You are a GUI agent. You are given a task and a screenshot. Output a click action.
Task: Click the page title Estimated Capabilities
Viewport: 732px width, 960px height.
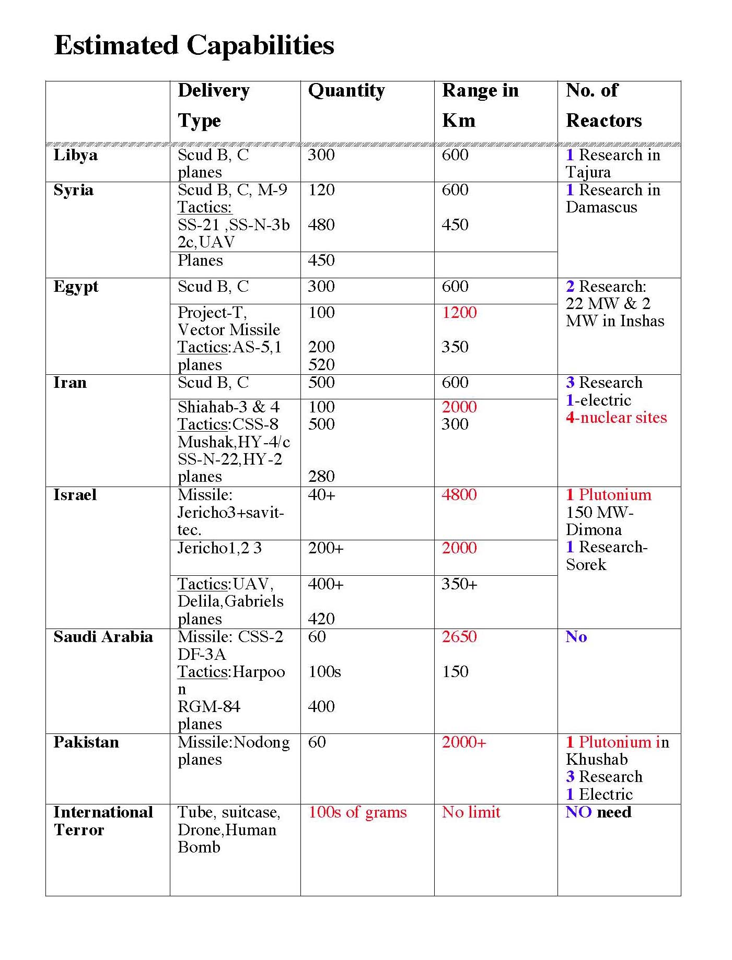(194, 45)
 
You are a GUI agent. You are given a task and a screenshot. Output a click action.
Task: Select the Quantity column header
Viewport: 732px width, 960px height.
(346, 91)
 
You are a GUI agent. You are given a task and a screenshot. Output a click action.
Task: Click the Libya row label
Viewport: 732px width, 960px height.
(75, 155)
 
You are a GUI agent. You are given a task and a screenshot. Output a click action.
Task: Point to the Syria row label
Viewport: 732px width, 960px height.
(73, 190)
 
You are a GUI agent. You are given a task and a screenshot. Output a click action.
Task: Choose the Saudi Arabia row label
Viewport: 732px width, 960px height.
(103, 637)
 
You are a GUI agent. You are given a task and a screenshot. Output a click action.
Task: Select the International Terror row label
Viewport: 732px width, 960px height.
(103, 821)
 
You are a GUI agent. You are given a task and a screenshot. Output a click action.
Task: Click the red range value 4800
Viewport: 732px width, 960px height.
(459, 495)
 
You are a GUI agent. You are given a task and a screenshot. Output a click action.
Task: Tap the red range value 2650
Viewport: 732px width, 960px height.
(459, 637)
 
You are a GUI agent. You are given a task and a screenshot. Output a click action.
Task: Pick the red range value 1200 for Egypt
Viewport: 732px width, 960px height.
(459, 313)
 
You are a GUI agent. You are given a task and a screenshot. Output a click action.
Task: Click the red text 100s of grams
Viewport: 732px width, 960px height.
(357, 812)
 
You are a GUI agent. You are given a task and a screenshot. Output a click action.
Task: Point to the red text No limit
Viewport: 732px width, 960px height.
(471, 812)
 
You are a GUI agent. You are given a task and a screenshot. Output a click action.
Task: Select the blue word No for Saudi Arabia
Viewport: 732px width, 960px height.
(576, 637)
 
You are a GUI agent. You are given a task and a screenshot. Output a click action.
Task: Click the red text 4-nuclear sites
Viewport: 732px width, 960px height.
(616, 418)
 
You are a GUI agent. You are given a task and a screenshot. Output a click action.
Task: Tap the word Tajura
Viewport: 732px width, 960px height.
(588, 172)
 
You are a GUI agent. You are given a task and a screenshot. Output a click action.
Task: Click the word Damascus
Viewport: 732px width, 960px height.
(601, 207)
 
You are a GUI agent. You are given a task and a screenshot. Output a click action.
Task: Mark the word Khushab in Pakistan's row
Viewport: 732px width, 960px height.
(596, 760)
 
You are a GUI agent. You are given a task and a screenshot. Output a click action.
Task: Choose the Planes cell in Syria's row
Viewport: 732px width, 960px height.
(200, 260)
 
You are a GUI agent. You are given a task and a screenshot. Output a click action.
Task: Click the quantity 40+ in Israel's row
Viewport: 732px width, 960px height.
(321, 495)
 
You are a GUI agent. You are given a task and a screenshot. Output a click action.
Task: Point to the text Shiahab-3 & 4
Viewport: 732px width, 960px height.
(228, 407)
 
